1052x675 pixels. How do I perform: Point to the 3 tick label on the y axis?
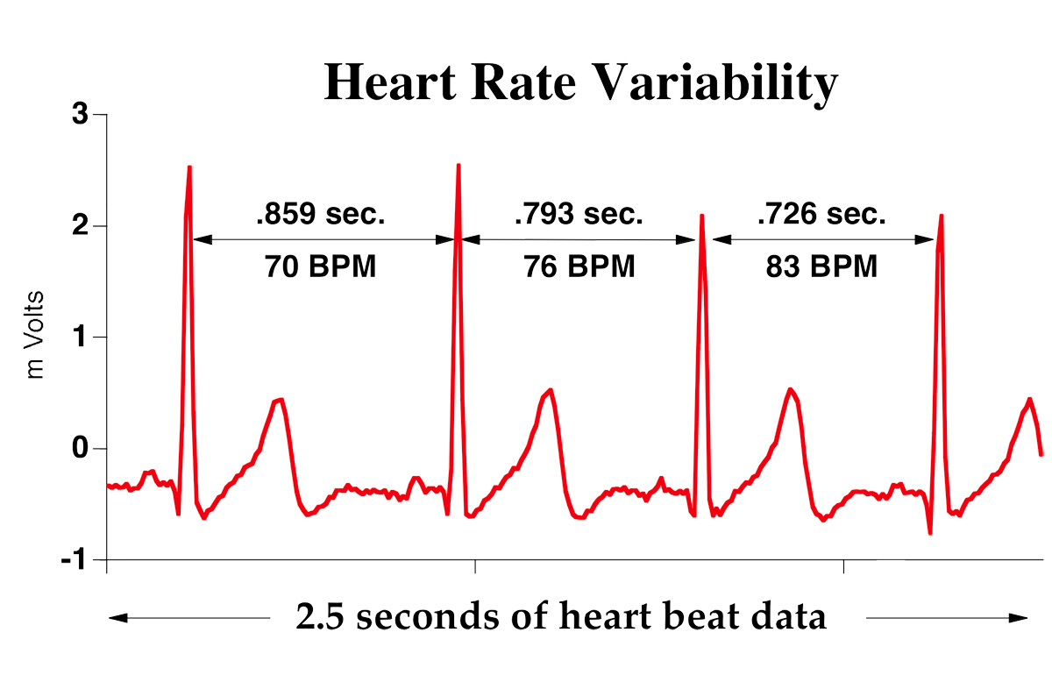pyautogui.click(x=80, y=115)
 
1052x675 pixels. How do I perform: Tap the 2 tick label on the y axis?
pyautogui.click(x=80, y=226)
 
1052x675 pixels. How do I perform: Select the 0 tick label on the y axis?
pyautogui.click(x=80, y=448)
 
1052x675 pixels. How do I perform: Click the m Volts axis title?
pyautogui.click(x=36, y=337)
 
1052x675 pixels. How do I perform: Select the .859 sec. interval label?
pyautogui.click(x=320, y=215)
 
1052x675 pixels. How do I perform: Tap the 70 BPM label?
pyautogui.click(x=320, y=266)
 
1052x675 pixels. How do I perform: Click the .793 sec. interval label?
pyautogui.click(x=579, y=215)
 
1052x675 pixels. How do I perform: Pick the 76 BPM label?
pyautogui.click(x=579, y=266)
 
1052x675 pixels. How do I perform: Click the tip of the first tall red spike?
pyautogui.click(x=189, y=167)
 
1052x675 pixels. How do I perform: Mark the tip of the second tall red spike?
pyautogui.click(x=458, y=165)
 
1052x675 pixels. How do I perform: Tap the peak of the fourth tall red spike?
pyautogui.click(x=942, y=215)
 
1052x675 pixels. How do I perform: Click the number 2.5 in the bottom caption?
pyautogui.click(x=323, y=618)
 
